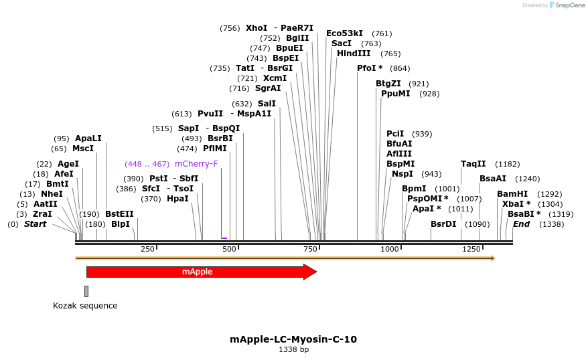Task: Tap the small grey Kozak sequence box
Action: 86,291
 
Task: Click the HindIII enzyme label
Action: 354,54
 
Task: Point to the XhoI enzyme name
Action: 256,28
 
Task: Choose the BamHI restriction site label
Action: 512,194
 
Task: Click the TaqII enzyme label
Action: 473,164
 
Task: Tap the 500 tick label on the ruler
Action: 230,249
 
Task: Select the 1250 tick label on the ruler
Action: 471,249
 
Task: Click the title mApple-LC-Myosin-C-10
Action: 293,339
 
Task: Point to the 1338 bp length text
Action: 293,349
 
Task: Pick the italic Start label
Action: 35,224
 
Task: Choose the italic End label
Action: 521,224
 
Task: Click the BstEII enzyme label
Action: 119,214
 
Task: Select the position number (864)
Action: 400,68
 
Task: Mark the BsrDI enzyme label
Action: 443,224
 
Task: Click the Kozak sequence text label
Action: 85,306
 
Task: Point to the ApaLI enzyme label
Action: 88,139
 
